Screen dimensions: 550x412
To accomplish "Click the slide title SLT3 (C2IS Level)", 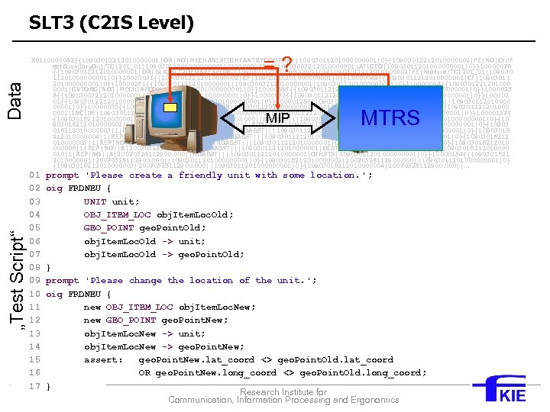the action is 112,23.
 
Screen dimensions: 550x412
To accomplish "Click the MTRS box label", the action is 390,117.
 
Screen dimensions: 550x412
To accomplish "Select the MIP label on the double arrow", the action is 277,118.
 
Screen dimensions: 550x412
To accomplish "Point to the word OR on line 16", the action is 144,373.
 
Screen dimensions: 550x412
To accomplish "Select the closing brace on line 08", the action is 48,268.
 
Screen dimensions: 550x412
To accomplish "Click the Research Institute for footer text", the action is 283,392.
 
